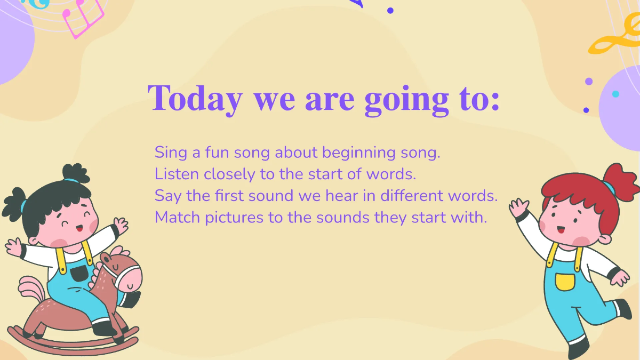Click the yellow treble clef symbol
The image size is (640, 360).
(x=613, y=40)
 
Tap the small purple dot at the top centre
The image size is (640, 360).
(x=390, y=10)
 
